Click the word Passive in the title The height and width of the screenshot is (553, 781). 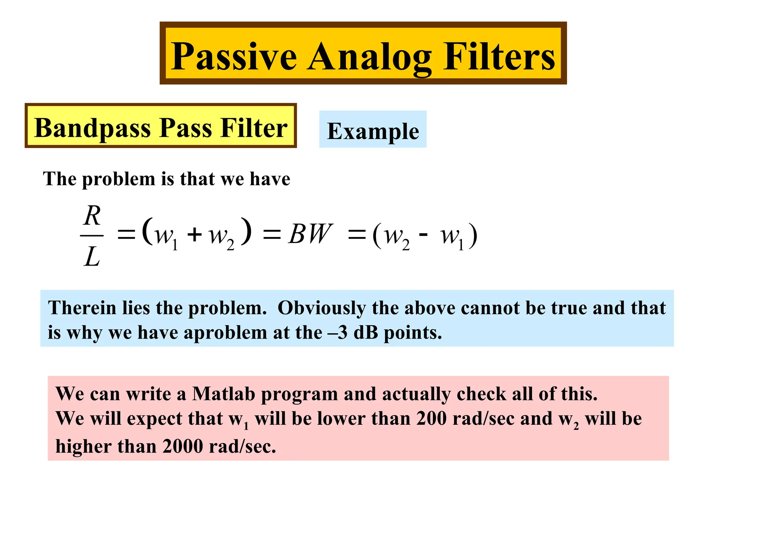[x=234, y=57]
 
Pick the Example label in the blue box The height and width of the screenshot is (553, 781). [x=373, y=131]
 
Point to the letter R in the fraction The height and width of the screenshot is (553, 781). [x=92, y=216]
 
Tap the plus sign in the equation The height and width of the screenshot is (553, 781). [x=194, y=234]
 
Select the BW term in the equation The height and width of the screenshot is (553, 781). [x=310, y=234]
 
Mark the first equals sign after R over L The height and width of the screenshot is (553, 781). [x=126, y=234]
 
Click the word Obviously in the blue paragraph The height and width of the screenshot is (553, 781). [x=321, y=308]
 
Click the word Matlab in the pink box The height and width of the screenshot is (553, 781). [x=223, y=394]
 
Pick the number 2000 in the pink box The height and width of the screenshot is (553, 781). [x=182, y=446]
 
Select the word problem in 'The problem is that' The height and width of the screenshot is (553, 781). [x=118, y=179]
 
